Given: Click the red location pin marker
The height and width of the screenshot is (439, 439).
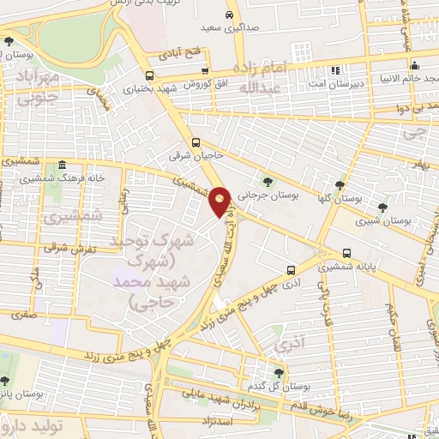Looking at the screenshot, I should (221, 201).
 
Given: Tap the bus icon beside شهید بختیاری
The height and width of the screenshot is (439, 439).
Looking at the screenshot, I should (150, 74).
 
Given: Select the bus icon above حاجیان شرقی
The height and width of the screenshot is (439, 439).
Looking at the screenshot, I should (197, 143).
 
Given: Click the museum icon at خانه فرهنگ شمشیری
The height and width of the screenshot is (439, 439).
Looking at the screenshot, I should (62, 165).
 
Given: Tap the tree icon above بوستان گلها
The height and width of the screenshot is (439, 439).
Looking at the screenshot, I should (340, 185).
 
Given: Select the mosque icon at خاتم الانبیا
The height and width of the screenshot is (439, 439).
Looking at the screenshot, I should (414, 66).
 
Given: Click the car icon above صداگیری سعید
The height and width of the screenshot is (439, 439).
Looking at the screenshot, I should (230, 16).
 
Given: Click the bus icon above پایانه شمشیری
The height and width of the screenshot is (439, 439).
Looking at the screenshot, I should (346, 253).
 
